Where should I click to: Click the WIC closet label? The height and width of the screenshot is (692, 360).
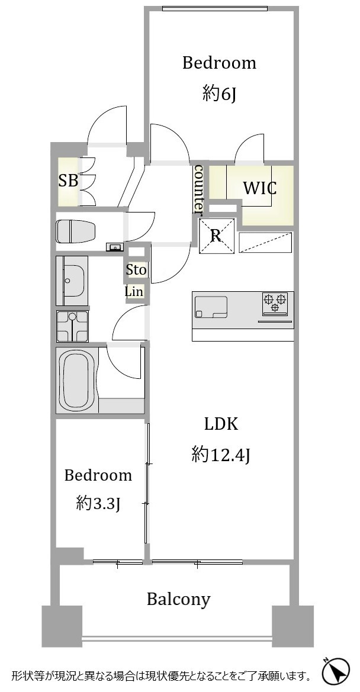[260, 188]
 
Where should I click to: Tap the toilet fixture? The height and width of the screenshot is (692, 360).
[76, 231]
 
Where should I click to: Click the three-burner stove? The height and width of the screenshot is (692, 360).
[275, 304]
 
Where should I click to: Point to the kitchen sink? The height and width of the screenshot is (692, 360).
[211, 307]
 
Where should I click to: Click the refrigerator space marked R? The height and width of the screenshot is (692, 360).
[216, 236]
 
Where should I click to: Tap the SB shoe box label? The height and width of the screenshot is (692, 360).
[68, 181]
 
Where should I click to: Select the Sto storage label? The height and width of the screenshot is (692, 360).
[136, 270]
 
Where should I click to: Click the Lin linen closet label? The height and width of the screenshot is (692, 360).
[134, 292]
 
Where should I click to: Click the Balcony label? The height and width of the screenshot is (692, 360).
[178, 600]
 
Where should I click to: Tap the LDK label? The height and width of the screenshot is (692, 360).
[221, 424]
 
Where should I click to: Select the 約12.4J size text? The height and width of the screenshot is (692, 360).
[221, 455]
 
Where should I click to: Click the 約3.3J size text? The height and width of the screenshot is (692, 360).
[98, 503]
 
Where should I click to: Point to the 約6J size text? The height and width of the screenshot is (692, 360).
[219, 94]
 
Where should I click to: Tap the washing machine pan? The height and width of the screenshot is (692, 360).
[72, 326]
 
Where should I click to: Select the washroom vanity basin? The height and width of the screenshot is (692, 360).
[73, 281]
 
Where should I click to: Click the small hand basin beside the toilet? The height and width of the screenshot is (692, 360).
[115, 247]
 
